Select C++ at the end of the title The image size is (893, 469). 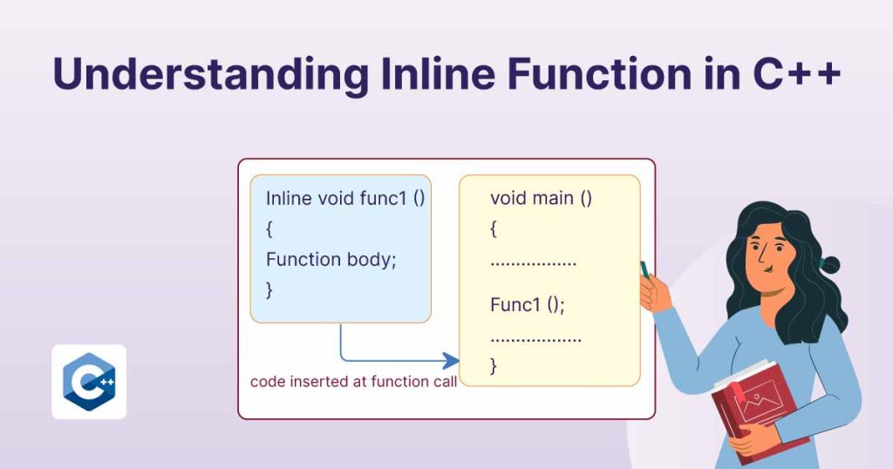794,75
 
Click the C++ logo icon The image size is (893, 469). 89,382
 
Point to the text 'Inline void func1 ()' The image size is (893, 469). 345,198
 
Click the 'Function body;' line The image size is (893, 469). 331,259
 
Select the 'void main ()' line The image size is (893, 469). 541,198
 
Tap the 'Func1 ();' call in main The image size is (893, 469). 528,305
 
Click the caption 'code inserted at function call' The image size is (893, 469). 353,382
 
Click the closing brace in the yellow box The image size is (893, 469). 494,365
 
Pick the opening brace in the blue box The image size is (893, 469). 269,228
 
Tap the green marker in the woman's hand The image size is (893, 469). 645,268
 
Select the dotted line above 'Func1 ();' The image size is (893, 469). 534,262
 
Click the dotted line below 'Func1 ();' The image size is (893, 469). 535,337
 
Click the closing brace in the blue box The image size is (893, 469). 269,289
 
